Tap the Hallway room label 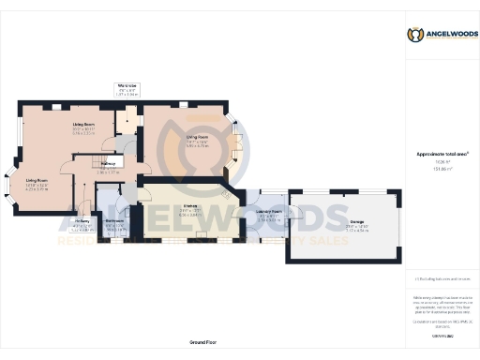click(108, 163)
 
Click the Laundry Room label click(270, 212)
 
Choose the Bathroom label click(115, 222)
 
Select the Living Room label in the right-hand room click(196, 137)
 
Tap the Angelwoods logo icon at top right click(414, 35)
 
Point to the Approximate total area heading click(435, 154)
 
